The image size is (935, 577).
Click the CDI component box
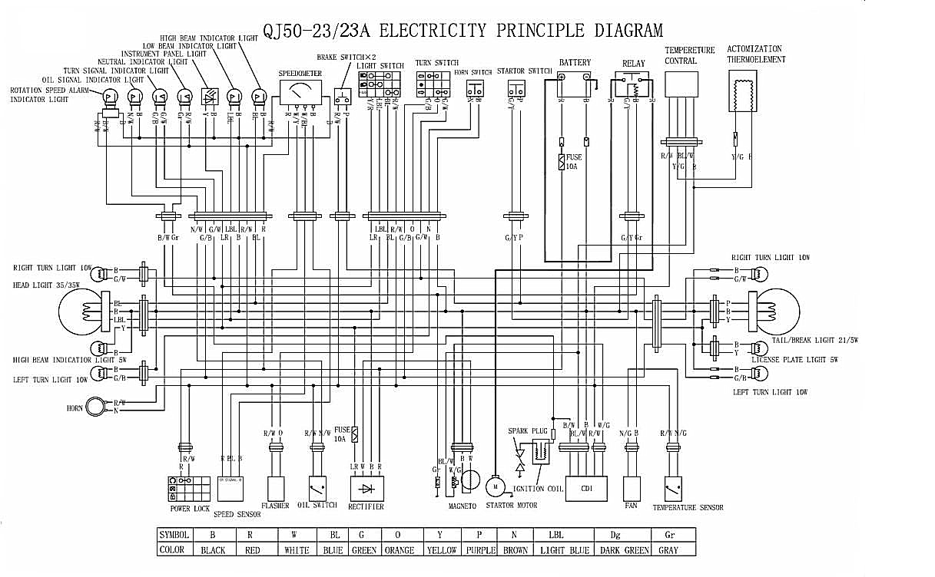586,488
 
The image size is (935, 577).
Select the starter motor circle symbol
495,486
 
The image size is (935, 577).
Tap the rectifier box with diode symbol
366,488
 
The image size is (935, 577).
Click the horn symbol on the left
95,407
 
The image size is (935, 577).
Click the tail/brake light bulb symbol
777,312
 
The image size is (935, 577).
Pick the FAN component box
632,488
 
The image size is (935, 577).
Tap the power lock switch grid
189,488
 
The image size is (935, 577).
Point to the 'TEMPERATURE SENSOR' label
688,507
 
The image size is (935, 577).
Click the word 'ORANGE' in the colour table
399,550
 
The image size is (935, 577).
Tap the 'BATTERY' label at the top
575,62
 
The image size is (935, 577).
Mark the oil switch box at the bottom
317,488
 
